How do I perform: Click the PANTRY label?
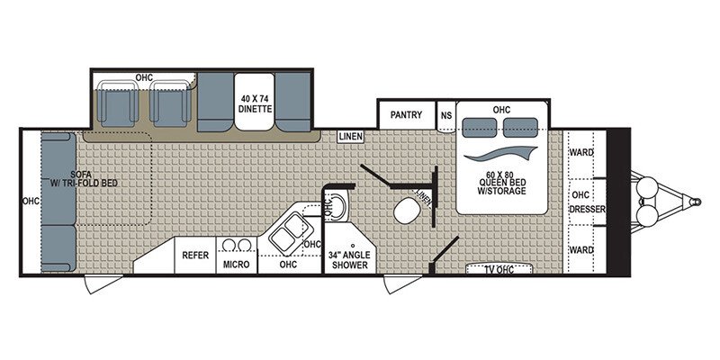click(x=405, y=115)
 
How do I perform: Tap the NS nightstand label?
click(x=446, y=115)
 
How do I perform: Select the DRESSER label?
click(x=588, y=210)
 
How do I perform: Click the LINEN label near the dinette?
click(x=350, y=136)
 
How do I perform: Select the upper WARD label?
click(x=581, y=152)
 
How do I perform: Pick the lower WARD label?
click(x=581, y=249)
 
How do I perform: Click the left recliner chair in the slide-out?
click(x=117, y=102)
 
